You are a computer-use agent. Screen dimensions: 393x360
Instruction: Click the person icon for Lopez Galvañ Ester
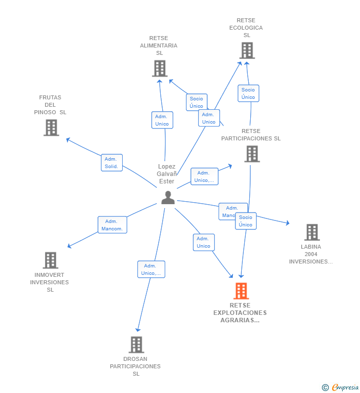pyautogui.click(x=168, y=197)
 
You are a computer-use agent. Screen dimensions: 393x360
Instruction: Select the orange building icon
pyautogui.click(x=241, y=291)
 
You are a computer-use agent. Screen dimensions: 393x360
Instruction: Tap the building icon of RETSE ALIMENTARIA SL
pyautogui.click(x=159, y=68)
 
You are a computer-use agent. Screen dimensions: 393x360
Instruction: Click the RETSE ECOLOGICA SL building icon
pyautogui.click(x=246, y=50)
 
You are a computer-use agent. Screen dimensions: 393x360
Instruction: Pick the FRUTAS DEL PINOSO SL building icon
pyautogui.click(x=50, y=127)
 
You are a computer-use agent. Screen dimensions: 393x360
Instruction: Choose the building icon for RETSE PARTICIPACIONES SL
pyautogui.click(x=252, y=154)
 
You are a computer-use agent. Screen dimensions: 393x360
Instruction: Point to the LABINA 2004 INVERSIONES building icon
pyautogui.click(x=312, y=232)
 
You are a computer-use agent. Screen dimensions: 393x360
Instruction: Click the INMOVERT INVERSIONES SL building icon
pyautogui.click(x=50, y=260)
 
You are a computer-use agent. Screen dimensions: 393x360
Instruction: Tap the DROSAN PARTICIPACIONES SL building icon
pyautogui.click(x=136, y=345)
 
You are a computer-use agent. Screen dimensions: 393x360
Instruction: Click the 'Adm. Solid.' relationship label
pyautogui.click(x=111, y=163)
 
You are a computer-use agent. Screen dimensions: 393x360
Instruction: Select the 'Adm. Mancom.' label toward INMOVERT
pyautogui.click(x=112, y=225)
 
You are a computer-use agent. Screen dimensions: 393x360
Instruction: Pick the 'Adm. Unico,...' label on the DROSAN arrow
pyautogui.click(x=151, y=269)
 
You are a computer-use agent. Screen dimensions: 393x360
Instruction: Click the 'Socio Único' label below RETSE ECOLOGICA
pyautogui.click(x=248, y=93)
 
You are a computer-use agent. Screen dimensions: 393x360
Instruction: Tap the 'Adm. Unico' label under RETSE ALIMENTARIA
pyautogui.click(x=162, y=120)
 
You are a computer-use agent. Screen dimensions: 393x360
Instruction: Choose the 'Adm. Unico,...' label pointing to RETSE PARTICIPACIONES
pyautogui.click(x=204, y=176)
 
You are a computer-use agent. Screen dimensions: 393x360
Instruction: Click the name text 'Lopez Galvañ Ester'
pyautogui.click(x=167, y=174)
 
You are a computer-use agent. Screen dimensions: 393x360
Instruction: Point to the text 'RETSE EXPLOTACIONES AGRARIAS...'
pyautogui.click(x=240, y=313)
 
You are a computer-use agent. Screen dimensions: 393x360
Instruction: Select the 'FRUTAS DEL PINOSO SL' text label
pyautogui.click(x=50, y=105)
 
